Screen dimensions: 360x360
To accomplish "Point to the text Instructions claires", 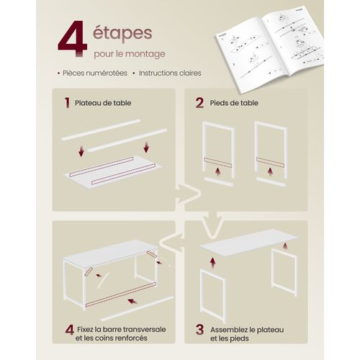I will [x=170, y=73].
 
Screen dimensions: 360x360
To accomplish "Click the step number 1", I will [x=67, y=103].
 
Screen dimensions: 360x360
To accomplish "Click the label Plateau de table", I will [x=103, y=103].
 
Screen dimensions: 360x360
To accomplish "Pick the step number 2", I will [x=199, y=103].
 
